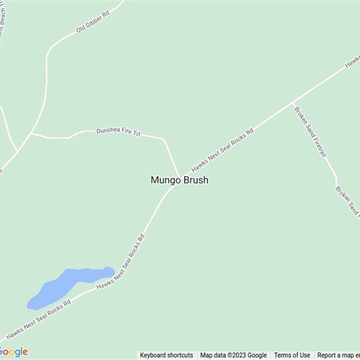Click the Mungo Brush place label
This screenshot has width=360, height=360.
(x=179, y=180)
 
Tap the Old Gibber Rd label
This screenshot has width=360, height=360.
(x=93, y=22)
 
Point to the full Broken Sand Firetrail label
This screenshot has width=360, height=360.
(x=310, y=132)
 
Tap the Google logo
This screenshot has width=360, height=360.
(x=13, y=351)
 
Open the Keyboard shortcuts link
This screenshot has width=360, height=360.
(x=166, y=355)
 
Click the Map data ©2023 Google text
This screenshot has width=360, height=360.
(x=234, y=355)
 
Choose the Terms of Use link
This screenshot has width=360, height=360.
(x=292, y=355)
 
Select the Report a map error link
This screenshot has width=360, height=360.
(x=338, y=355)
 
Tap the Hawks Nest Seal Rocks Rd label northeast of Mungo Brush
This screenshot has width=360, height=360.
(x=222, y=150)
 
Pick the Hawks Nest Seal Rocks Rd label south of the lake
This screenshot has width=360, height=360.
(x=39, y=317)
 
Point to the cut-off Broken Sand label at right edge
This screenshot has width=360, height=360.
(x=347, y=200)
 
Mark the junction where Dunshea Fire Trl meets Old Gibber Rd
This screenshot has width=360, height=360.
(x=31, y=133)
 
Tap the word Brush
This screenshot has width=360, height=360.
(x=196, y=180)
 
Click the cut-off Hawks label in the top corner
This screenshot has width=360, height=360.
(x=353, y=63)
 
